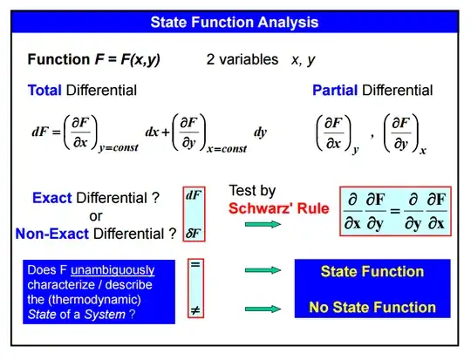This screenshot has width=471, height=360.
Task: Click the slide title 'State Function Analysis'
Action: coord(235,21)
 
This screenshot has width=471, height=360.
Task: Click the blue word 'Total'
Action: coord(44,90)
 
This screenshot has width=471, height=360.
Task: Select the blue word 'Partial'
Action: coord(335,90)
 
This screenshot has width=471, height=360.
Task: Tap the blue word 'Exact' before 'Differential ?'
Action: coord(51,198)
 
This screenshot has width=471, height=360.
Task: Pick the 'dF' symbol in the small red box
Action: coord(195,196)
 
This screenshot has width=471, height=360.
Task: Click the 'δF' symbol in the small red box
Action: coord(195,233)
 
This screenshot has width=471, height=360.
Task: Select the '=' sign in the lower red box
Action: coord(195,266)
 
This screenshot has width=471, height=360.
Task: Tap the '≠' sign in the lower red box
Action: coord(195,309)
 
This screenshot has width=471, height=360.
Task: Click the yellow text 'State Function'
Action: coord(372,271)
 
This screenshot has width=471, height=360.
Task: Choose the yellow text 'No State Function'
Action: coord(372,307)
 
